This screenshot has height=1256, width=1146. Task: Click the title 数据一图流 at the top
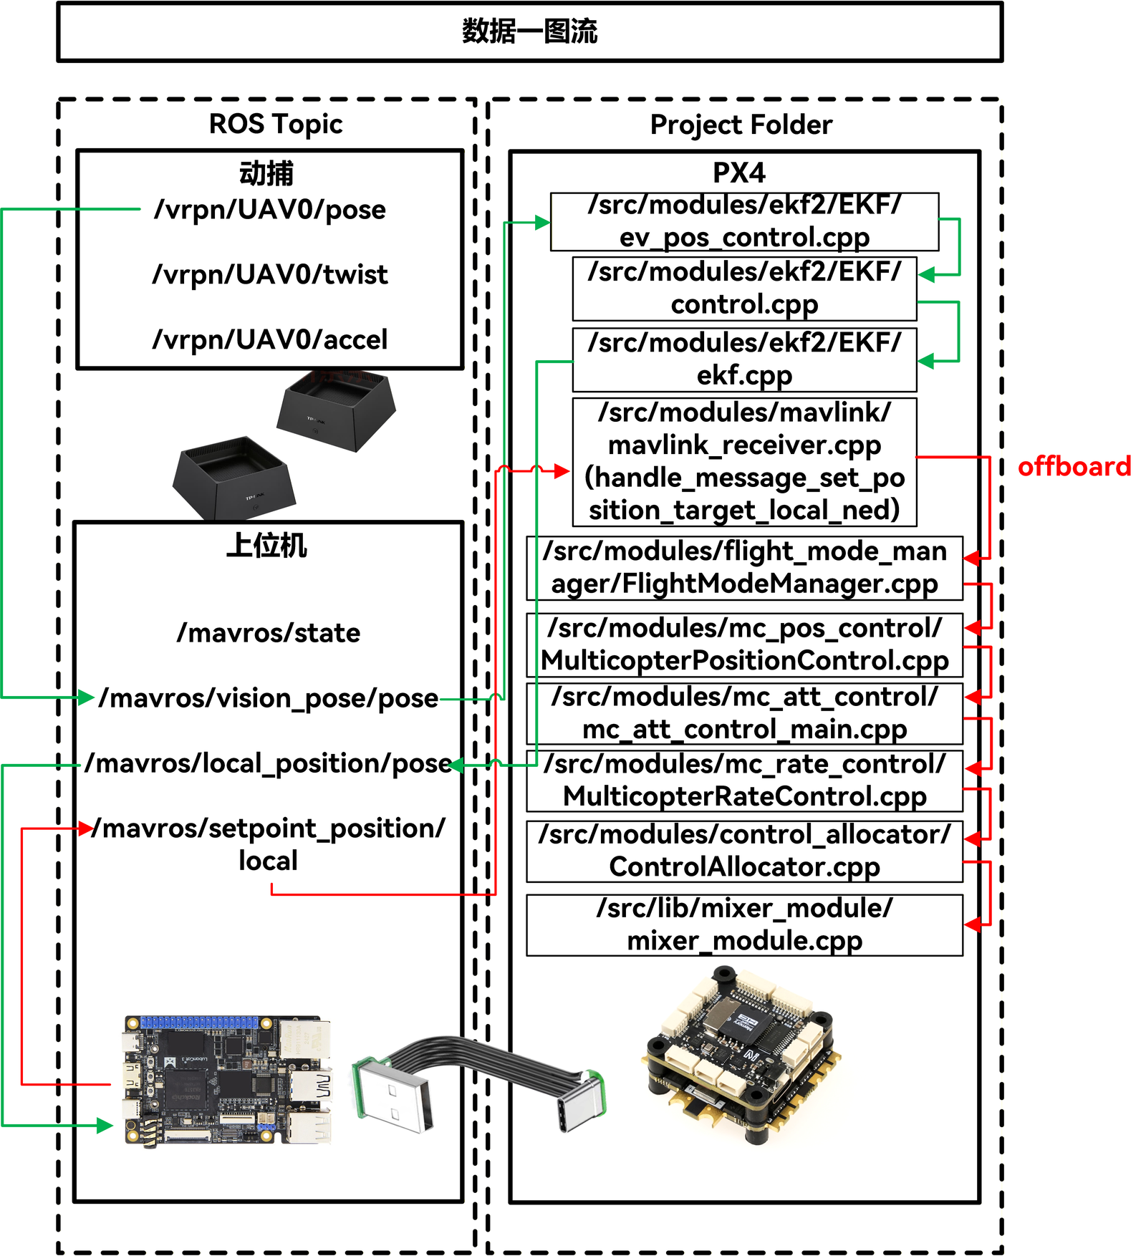click(x=529, y=32)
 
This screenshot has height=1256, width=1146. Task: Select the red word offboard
click(x=1074, y=466)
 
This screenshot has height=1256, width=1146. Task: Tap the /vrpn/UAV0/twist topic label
click(x=270, y=274)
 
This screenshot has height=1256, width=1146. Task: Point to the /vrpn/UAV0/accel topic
click(x=270, y=339)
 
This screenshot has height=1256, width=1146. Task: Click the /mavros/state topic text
click(x=269, y=633)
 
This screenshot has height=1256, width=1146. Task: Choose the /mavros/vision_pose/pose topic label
click(x=269, y=698)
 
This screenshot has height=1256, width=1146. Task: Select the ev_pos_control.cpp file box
click(x=745, y=221)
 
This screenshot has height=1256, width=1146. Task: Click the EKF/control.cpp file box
click(x=745, y=289)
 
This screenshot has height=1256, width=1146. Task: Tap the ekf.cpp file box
click(x=745, y=359)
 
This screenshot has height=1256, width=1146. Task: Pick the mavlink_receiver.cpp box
click(x=745, y=462)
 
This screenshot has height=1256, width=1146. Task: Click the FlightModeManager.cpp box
click(x=745, y=568)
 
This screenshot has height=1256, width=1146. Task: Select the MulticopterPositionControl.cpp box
click(x=745, y=644)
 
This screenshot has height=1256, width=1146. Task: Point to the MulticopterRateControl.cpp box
click(x=745, y=781)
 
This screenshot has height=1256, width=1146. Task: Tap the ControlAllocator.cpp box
click(x=745, y=851)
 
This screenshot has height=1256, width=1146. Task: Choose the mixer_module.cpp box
click(x=745, y=924)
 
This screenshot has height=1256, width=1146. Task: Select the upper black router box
click(x=336, y=410)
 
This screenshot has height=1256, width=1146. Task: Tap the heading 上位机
click(x=267, y=546)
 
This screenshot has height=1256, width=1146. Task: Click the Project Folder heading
click(x=741, y=125)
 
